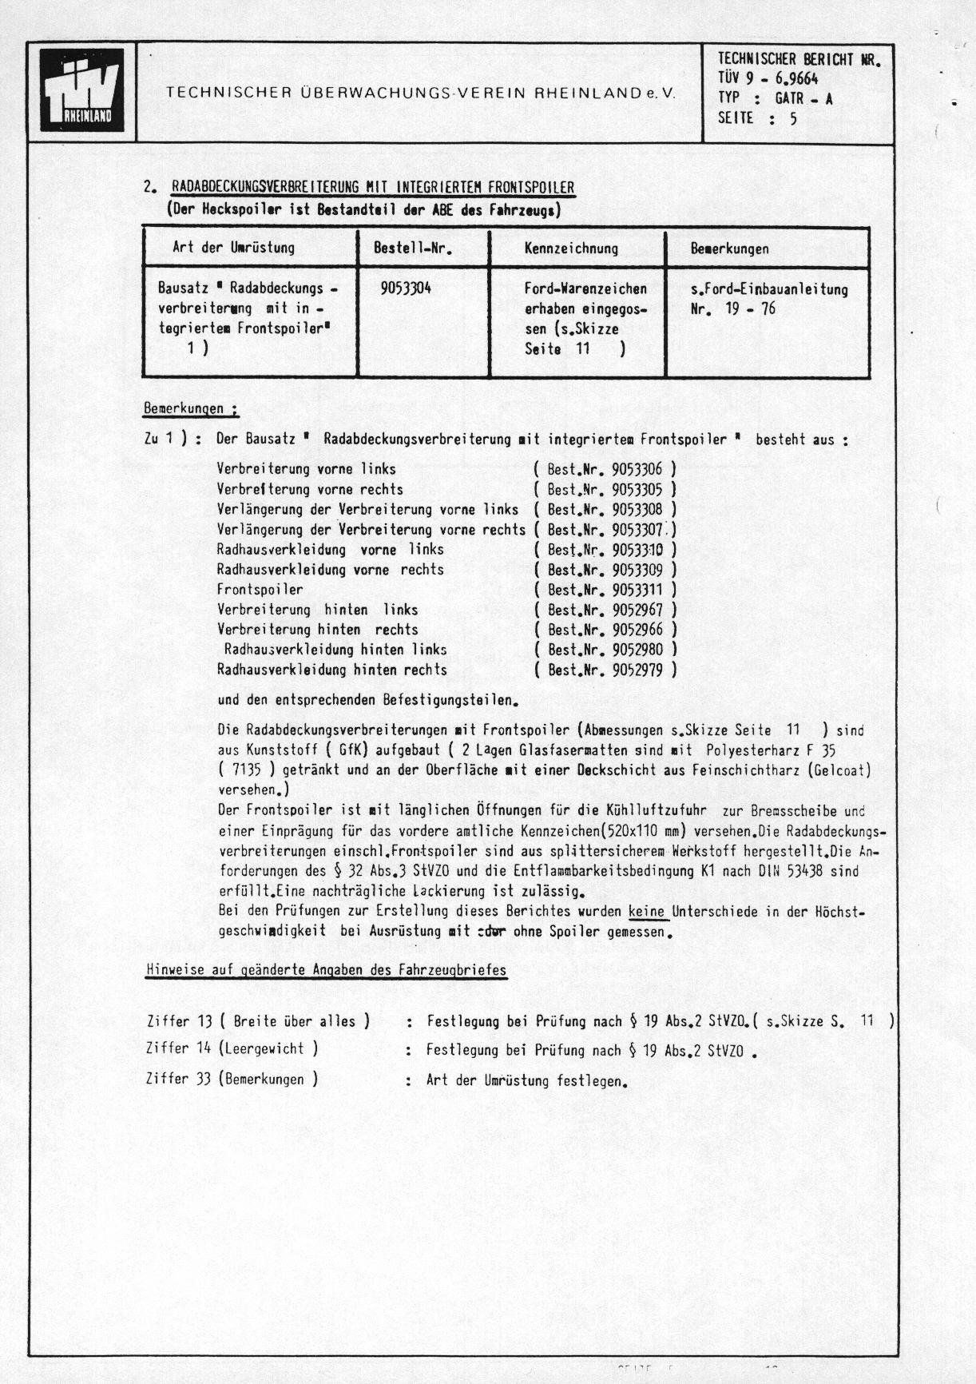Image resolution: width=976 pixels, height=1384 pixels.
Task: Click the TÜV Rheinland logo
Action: (x=82, y=90)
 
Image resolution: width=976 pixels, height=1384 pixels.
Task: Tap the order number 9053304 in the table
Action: (x=406, y=288)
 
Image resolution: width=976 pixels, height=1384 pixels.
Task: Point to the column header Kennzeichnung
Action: (x=571, y=249)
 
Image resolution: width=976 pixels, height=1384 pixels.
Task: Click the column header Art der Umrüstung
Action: (x=233, y=248)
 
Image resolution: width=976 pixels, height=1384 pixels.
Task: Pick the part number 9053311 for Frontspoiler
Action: (x=637, y=590)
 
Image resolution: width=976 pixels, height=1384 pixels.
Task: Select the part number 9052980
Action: (x=637, y=650)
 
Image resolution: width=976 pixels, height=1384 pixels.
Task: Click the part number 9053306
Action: (x=637, y=469)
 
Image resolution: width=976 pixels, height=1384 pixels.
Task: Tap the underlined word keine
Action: (x=647, y=911)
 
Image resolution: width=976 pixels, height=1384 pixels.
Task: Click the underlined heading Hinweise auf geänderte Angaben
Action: (x=326, y=970)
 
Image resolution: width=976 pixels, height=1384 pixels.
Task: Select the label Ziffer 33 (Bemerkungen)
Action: (x=232, y=1079)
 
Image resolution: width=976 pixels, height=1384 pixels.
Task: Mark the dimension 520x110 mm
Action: (x=650, y=831)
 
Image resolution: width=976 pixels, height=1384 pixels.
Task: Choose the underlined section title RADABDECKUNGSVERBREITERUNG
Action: (x=372, y=189)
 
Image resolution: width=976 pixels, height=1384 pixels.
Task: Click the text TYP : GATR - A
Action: (x=775, y=98)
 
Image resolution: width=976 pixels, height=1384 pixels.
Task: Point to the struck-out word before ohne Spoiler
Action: (x=491, y=931)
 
